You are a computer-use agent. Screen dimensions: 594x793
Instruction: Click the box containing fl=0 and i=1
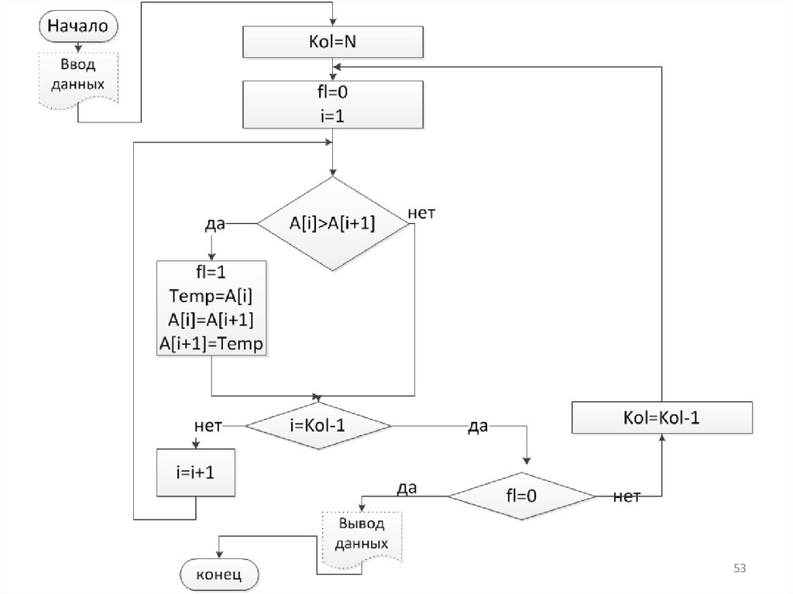pos(333,104)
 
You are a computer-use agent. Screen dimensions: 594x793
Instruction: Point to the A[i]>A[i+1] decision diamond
pos(332,224)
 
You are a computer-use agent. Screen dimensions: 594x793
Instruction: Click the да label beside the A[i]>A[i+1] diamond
pos(215,224)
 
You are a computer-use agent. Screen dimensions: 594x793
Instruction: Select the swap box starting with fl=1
pos(211,307)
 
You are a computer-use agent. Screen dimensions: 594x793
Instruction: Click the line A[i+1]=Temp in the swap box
pos(211,343)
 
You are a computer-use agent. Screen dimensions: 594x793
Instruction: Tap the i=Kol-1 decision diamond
pos(318,426)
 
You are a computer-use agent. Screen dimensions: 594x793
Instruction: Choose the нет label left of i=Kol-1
pos(208,426)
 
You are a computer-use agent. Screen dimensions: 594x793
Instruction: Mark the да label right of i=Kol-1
pos(477,426)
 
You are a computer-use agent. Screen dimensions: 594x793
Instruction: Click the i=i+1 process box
pos(195,472)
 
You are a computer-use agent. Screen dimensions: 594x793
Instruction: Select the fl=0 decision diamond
pos(522,495)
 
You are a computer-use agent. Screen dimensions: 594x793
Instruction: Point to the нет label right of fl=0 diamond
pos(626,496)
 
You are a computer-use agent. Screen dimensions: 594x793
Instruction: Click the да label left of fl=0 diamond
pos(407,488)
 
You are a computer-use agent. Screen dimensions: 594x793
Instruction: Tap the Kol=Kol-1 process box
pos(661,417)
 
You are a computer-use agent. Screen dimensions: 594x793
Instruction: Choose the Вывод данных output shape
pos(362,534)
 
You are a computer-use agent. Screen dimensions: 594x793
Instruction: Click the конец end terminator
pos(219,575)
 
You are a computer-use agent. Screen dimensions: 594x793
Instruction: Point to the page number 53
pos(740,569)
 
